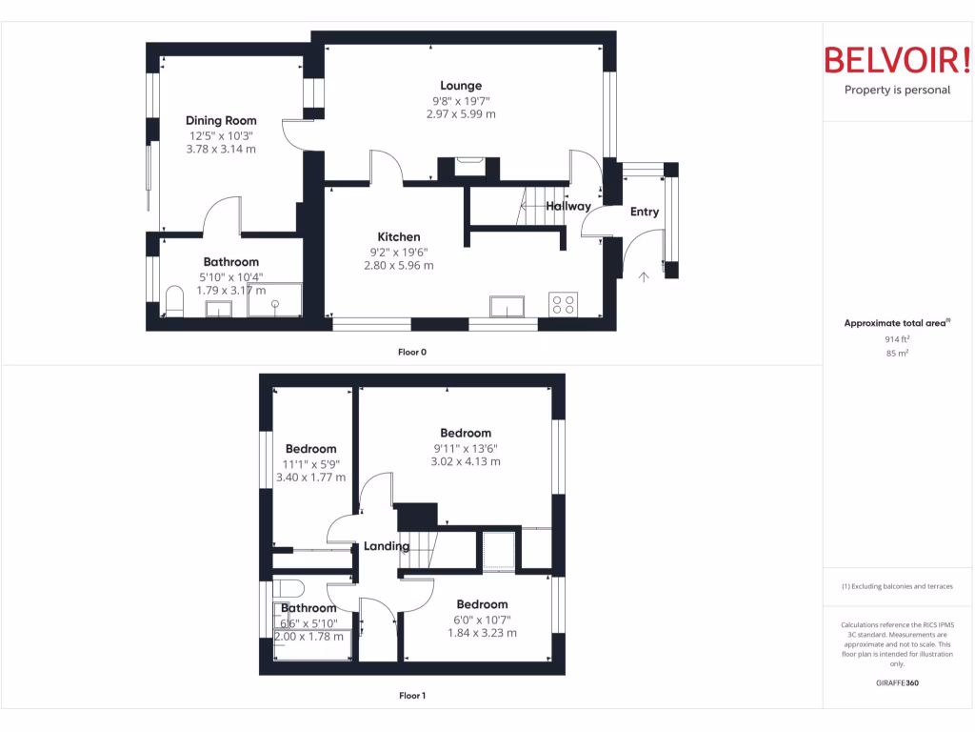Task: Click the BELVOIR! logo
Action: pyautogui.click(x=896, y=61)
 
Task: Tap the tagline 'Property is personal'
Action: pyautogui.click(x=897, y=90)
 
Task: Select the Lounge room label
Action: pyautogui.click(x=461, y=86)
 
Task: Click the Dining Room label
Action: pyautogui.click(x=221, y=120)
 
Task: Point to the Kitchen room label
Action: pyautogui.click(x=398, y=236)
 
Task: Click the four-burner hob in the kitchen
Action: pyautogui.click(x=563, y=304)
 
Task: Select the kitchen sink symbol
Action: pyautogui.click(x=506, y=306)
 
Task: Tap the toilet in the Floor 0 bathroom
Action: pyautogui.click(x=174, y=301)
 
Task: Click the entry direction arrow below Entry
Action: pyautogui.click(x=644, y=276)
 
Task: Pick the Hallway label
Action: pyautogui.click(x=568, y=206)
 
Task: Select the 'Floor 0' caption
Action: pyautogui.click(x=411, y=352)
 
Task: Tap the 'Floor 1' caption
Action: pyautogui.click(x=411, y=696)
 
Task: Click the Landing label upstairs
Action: pyautogui.click(x=387, y=546)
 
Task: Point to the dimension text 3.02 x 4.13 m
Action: pyautogui.click(x=465, y=461)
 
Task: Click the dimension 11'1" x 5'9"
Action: pyautogui.click(x=310, y=463)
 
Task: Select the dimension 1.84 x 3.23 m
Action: pyautogui.click(x=482, y=633)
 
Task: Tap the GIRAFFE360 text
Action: pyautogui.click(x=897, y=683)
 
